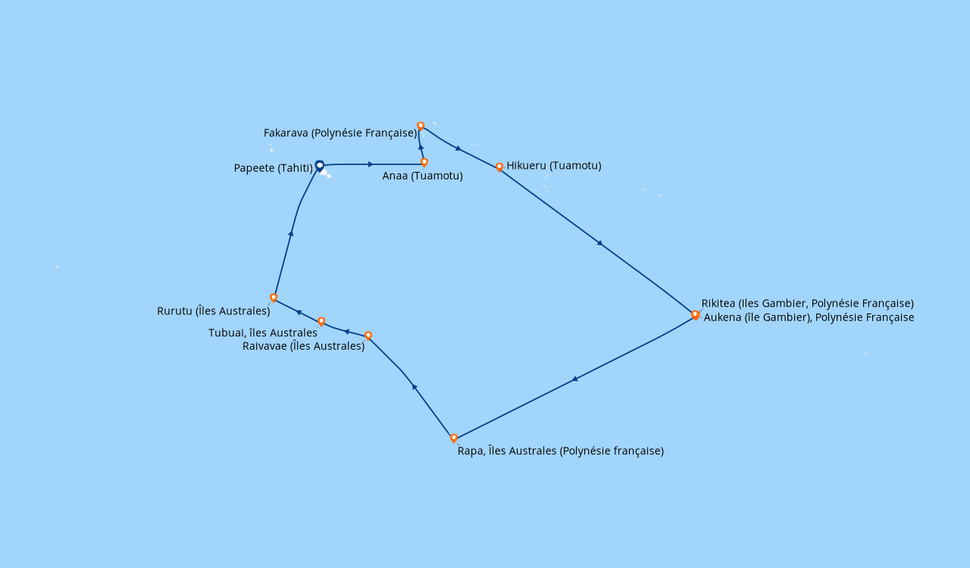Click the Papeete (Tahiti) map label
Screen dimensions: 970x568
coord(274,168)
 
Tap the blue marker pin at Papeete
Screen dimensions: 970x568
coord(320,166)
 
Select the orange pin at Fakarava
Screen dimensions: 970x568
coord(421,126)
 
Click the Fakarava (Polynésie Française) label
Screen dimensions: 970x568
coord(340,133)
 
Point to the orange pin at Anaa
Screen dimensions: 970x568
coord(424,162)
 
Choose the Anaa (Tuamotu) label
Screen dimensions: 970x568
coord(423,176)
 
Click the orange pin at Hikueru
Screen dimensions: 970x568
coord(499,167)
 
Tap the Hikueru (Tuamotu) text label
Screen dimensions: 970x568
coord(554,165)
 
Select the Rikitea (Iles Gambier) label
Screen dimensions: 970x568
coord(808,303)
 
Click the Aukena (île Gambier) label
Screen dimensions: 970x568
coord(809,317)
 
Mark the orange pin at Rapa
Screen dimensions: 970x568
coord(454,438)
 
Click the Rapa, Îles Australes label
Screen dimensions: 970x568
coord(561,451)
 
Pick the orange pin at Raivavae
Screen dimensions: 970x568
coord(368,335)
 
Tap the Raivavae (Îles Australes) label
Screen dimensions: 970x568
coord(304,346)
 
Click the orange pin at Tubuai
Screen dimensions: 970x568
coord(321,322)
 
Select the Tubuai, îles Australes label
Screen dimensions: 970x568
coord(263,332)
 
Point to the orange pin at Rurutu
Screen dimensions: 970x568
coord(274,298)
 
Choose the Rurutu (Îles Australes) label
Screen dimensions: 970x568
coord(214,311)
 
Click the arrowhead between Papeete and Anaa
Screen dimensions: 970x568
coord(371,164)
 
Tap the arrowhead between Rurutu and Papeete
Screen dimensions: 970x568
coord(291,234)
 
